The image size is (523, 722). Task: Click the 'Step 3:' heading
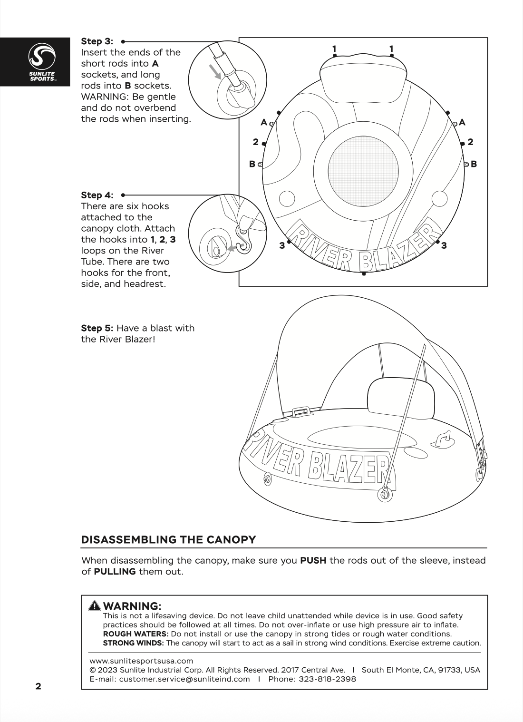[x=97, y=41]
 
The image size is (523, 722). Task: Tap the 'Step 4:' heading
[x=97, y=195]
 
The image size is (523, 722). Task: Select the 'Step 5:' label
[x=97, y=328]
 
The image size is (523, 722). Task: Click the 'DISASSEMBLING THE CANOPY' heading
[x=169, y=540]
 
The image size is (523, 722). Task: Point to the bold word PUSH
[x=313, y=560]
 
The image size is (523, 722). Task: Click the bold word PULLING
[x=115, y=571]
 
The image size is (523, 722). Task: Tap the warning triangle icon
[x=95, y=606]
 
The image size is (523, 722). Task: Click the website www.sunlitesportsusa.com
[x=141, y=661]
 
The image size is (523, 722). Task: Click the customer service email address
[x=184, y=679]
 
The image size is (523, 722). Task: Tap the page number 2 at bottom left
[x=38, y=686]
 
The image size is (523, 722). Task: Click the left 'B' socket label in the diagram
[x=252, y=164]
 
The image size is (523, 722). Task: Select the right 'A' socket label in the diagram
[x=462, y=122]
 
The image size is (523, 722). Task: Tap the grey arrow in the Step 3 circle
[x=216, y=71]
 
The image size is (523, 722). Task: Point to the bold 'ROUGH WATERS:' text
[x=136, y=634]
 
